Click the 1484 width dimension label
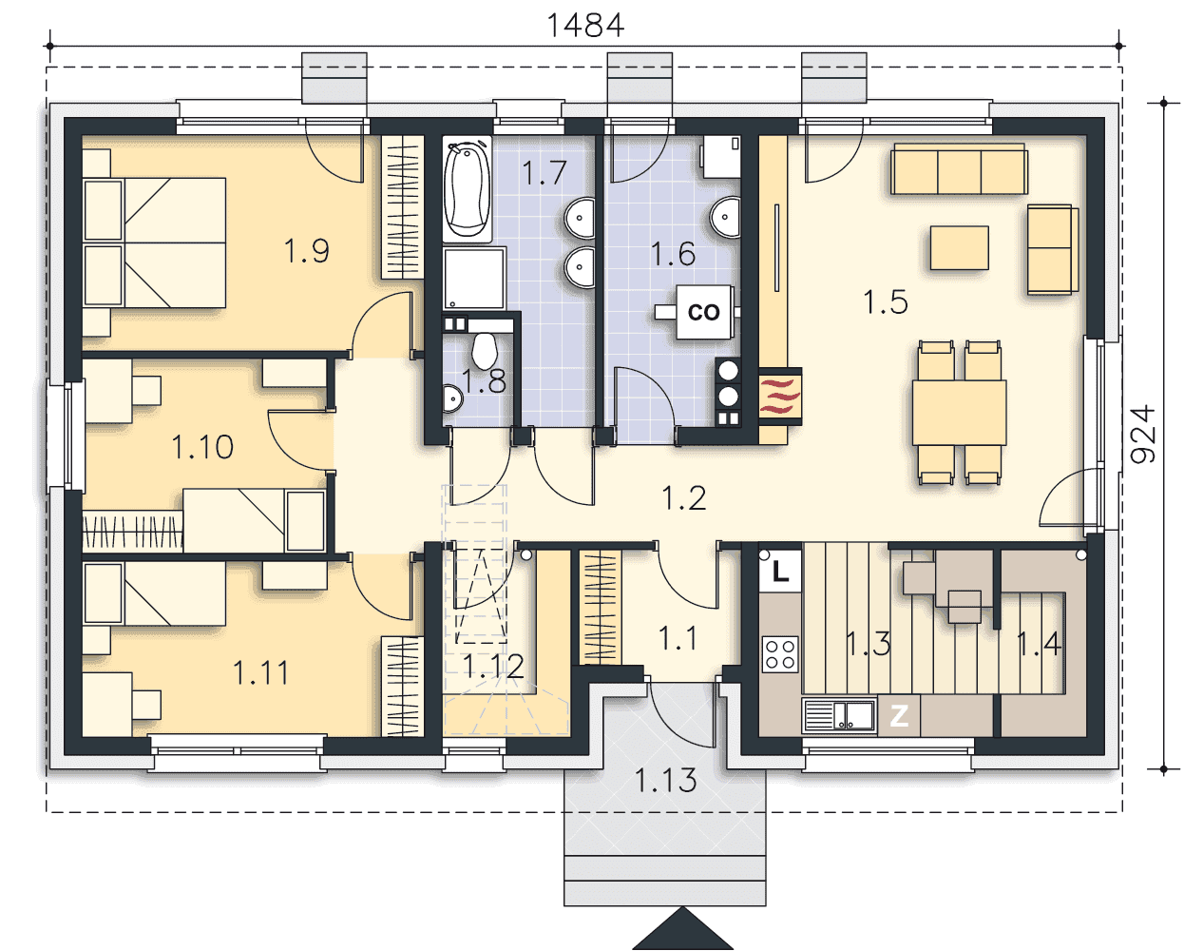[x=585, y=26]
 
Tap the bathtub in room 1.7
[x=468, y=190]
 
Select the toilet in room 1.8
[x=484, y=350]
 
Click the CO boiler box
[x=704, y=312]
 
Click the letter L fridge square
[x=780, y=572]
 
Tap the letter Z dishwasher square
[x=898, y=716]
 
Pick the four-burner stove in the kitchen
[x=780, y=654]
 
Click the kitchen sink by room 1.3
[x=839, y=715]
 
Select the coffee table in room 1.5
[x=959, y=248]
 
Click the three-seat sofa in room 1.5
[x=959, y=169]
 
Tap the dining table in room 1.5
[x=959, y=413]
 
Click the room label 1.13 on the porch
[x=666, y=780]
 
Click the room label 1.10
[x=202, y=446]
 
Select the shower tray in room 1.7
[x=474, y=278]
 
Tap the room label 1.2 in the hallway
[x=684, y=497]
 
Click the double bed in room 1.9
[x=155, y=243]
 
